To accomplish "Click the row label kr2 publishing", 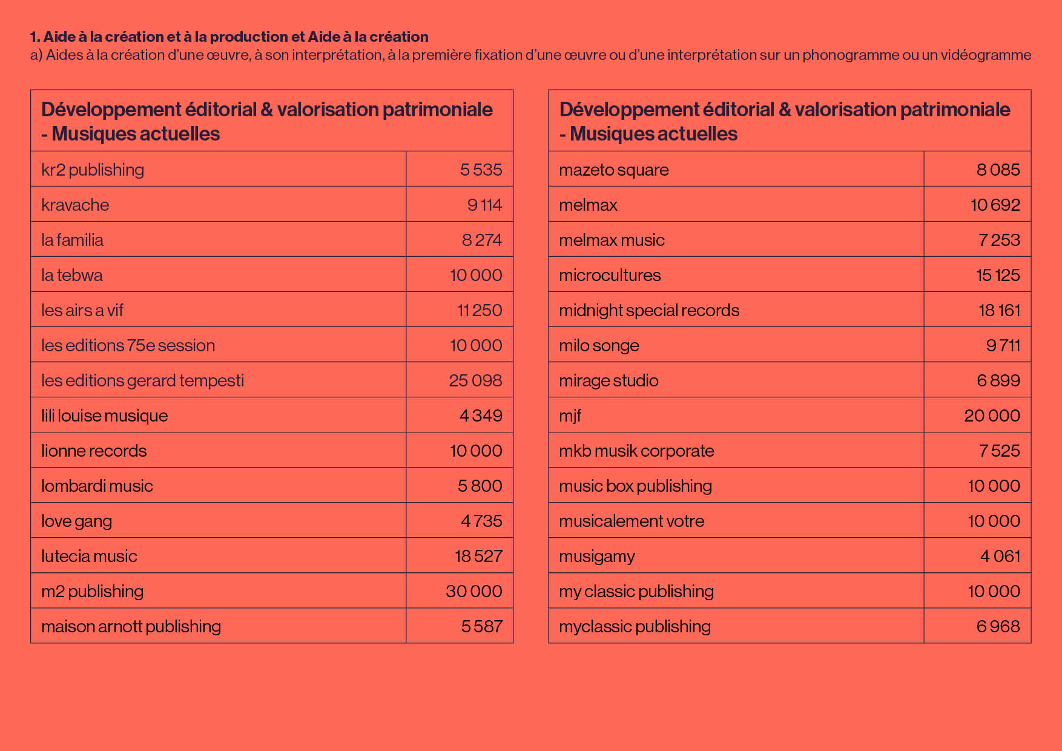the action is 93,170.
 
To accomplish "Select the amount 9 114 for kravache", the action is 484,205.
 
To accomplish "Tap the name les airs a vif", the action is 82,310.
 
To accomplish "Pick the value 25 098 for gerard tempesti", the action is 475,380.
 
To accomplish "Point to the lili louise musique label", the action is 105,416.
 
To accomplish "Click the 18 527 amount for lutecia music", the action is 478,556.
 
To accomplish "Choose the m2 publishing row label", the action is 93,592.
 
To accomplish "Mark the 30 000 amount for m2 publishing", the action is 474,591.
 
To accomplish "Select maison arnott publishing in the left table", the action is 131,627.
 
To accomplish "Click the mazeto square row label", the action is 614,170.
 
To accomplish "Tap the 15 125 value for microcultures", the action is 998,275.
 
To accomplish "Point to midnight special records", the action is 649,311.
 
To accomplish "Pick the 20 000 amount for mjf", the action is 992,415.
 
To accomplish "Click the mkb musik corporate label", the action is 636,451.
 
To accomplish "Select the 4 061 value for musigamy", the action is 1000,556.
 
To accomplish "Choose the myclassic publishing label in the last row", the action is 635,627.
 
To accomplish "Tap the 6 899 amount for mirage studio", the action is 998,380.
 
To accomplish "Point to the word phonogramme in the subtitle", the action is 842,55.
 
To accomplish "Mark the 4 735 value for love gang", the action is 481,521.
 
